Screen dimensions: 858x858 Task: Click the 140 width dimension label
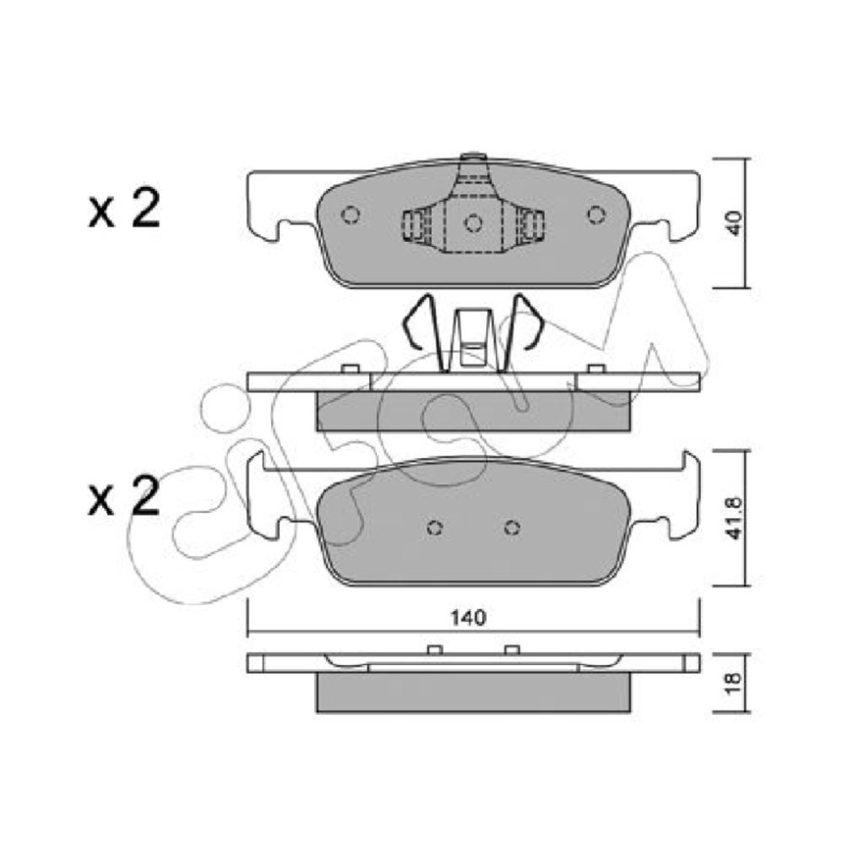pyautogui.click(x=468, y=618)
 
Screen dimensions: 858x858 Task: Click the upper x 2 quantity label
pyautogui.click(x=124, y=208)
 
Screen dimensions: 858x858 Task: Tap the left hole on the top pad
pyautogui.click(x=350, y=214)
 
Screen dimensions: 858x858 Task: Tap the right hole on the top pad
pyautogui.click(x=596, y=214)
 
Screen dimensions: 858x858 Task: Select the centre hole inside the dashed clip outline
pyautogui.click(x=473, y=223)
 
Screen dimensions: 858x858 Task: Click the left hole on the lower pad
pyautogui.click(x=434, y=528)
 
